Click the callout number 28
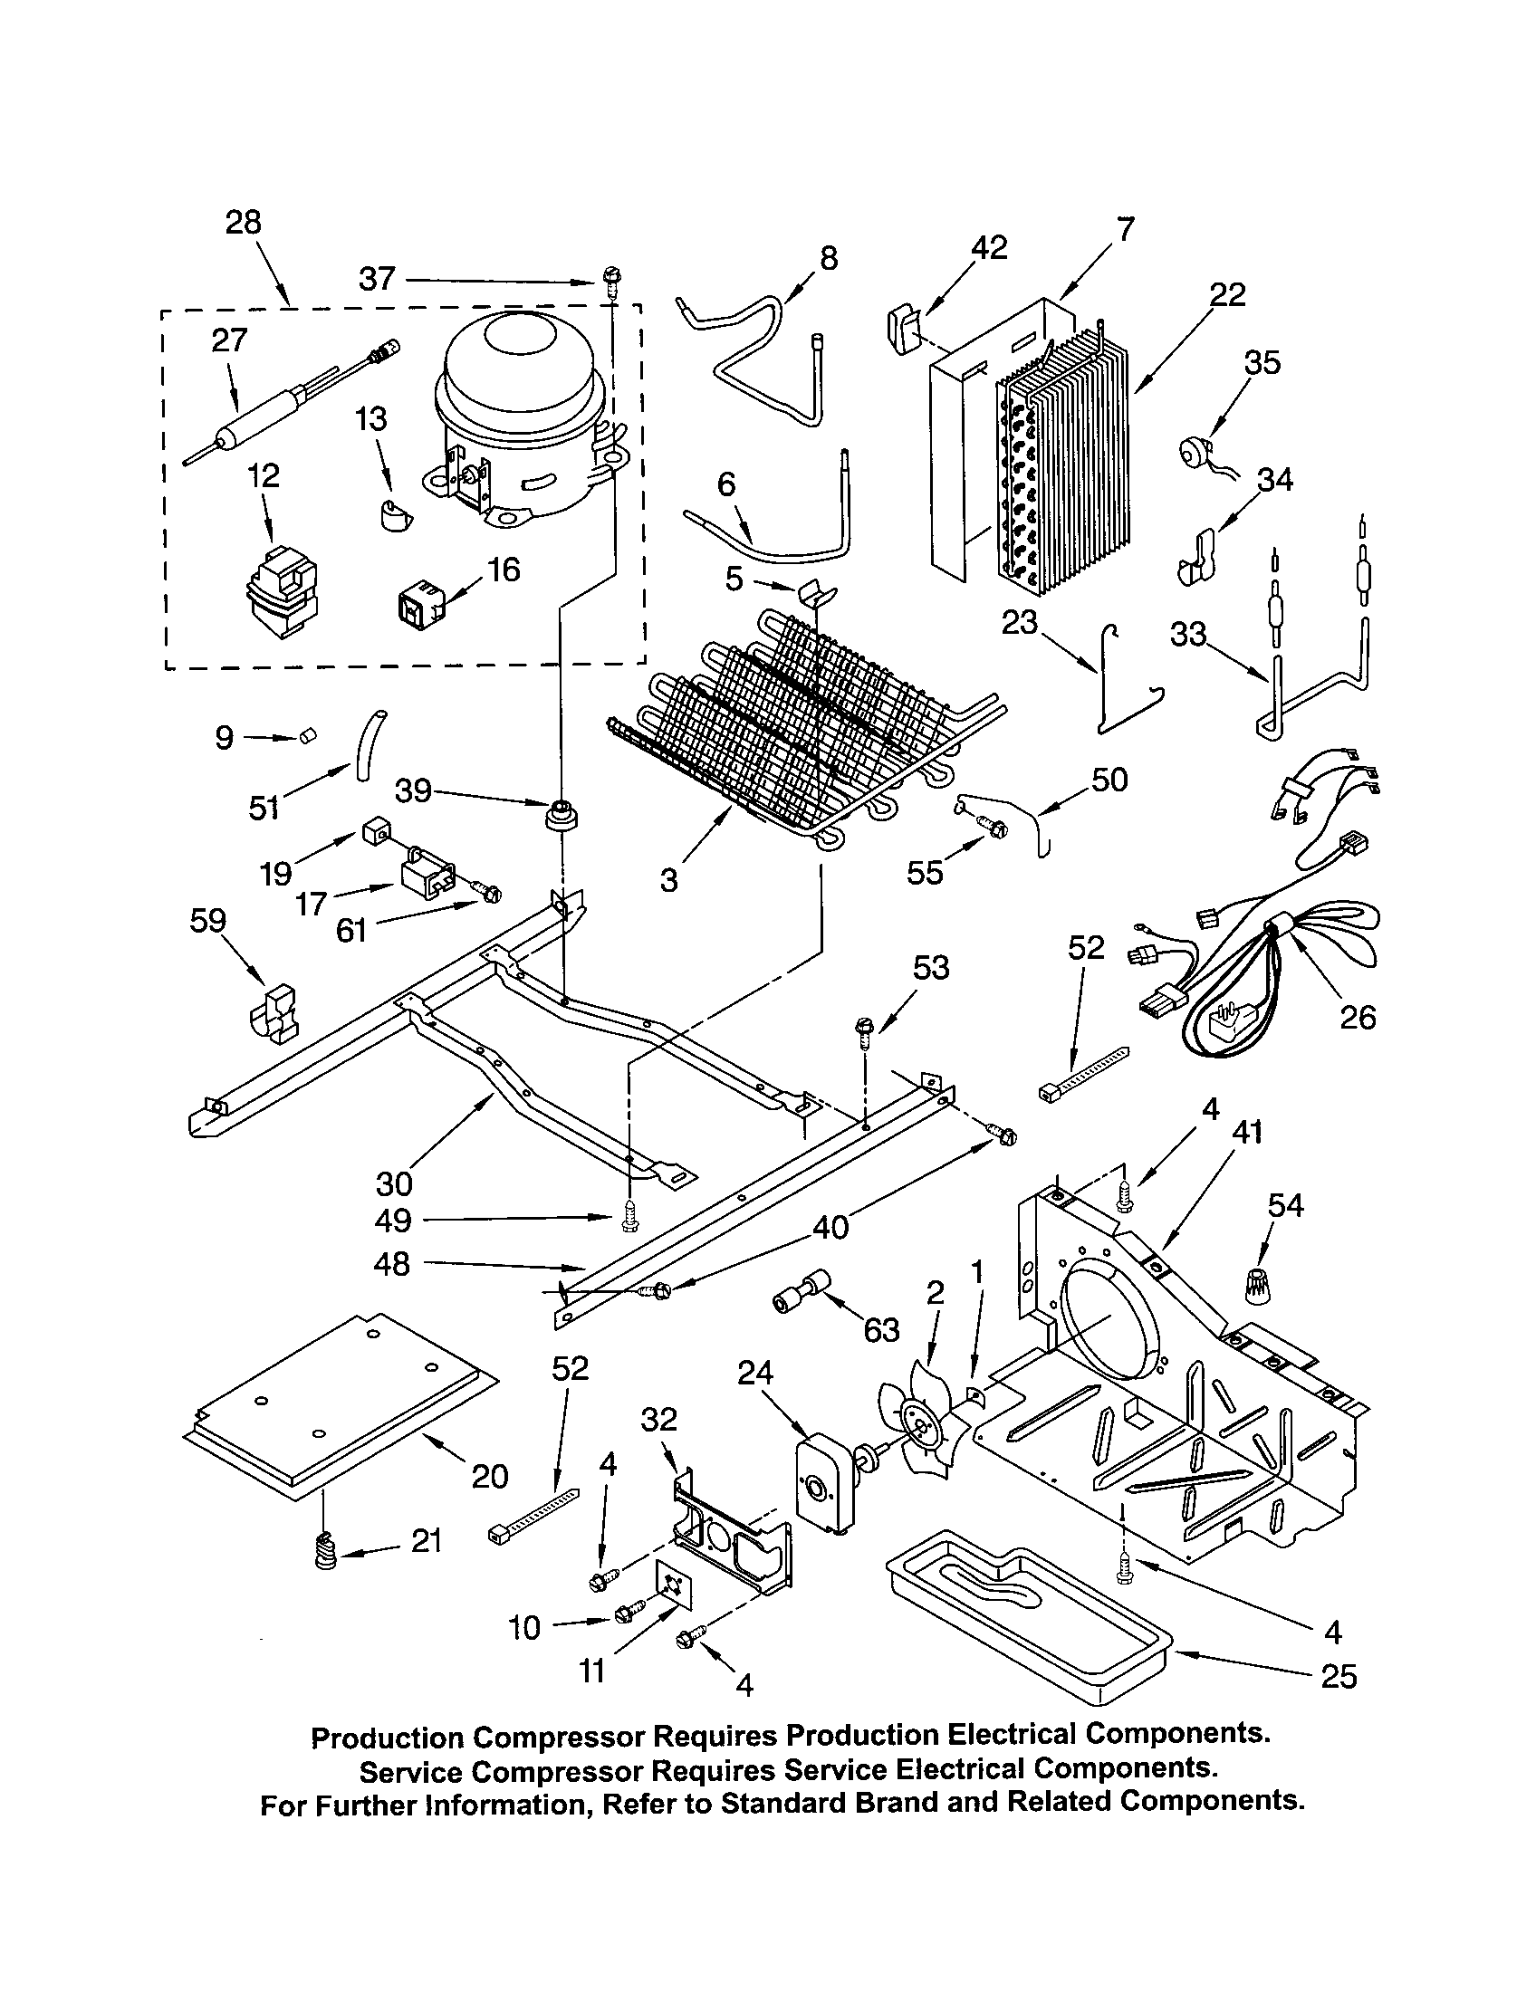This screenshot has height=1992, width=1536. point(243,223)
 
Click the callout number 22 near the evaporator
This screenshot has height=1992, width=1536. point(1227,294)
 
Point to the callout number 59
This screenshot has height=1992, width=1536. point(207,920)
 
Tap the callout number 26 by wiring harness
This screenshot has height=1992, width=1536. point(1357,1016)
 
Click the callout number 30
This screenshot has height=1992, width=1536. point(394,1184)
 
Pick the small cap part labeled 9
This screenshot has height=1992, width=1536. point(308,735)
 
